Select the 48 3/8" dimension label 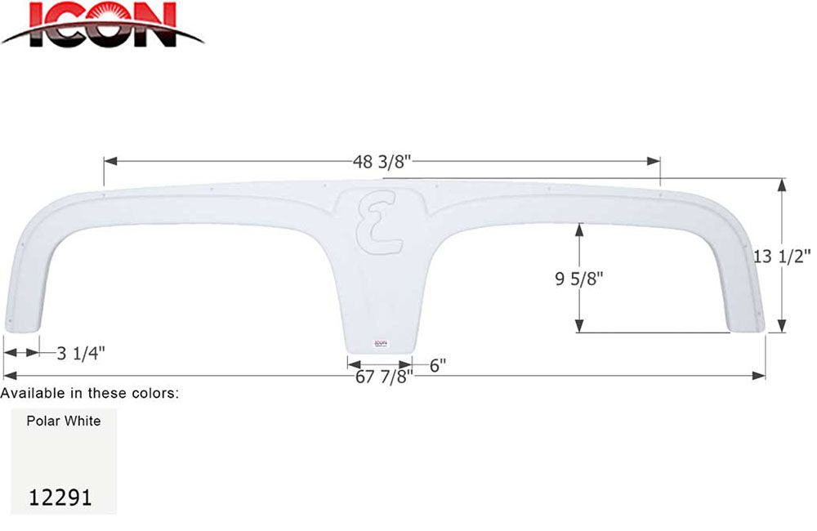pyautogui.click(x=382, y=161)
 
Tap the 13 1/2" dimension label pyautogui.click(x=783, y=256)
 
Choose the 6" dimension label pyautogui.click(x=437, y=365)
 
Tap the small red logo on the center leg pyautogui.click(x=380, y=344)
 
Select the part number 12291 pyautogui.click(x=60, y=497)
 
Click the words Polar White pyautogui.click(x=63, y=421)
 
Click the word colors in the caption pyautogui.click(x=154, y=394)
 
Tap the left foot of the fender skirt pyautogui.click(x=21, y=324)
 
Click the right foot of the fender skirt pyautogui.click(x=745, y=325)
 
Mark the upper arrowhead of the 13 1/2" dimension pyautogui.click(x=783, y=185)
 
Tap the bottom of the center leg pyautogui.click(x=380, y=353)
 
